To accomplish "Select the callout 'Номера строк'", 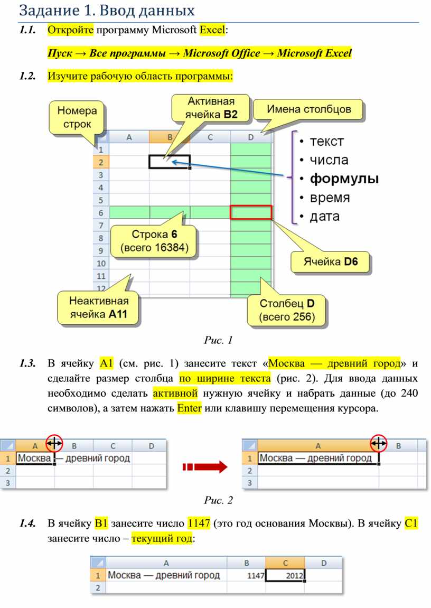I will [77, 118].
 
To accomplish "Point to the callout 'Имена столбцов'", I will [308, 110].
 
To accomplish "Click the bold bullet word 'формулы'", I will [344, 179].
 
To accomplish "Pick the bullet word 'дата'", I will [325, 216].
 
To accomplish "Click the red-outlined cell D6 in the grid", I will [251, 212].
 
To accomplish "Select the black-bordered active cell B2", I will [169, 161].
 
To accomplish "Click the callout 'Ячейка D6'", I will [330, 261].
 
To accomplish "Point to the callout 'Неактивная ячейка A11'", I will [99, 308].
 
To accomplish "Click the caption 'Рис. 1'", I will [218, 340].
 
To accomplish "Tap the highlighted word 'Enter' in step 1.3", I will [190, 408].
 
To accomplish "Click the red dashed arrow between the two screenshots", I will [204, 466].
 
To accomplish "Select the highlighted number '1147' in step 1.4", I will [199, 523].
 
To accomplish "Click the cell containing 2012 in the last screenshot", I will [286, 575].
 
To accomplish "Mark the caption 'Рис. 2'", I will [218, 500].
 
